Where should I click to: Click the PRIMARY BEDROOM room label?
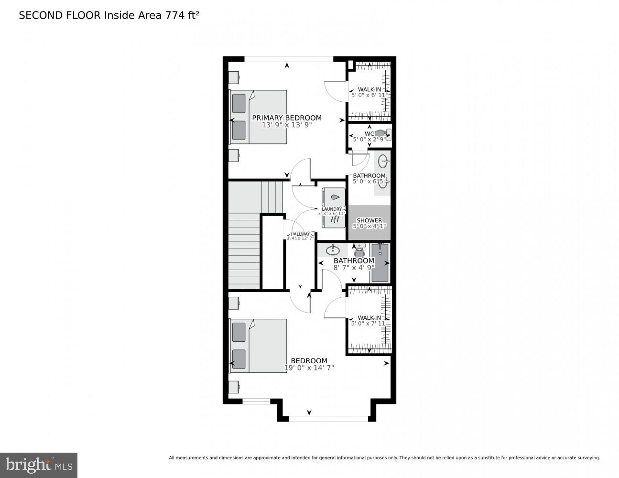click(287, 118)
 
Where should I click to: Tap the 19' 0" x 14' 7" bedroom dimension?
click(309, 368)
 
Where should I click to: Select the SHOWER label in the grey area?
click(369, 220)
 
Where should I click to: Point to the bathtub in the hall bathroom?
click(380, 262)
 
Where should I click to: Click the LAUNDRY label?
click(332, 209)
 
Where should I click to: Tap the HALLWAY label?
click(300, 234)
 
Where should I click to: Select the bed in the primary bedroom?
click(258, 117)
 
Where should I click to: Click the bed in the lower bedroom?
click(258, 346)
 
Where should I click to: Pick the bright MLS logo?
click(39, 465)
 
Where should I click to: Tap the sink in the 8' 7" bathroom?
click(333, 250)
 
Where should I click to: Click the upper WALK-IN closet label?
click(369, 89)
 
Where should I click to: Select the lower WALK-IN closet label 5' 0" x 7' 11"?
click(369, 321)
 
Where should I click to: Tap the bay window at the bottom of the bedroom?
click(328, 419)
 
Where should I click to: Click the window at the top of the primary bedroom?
click(289, 59)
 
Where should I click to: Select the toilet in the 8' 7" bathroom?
click(359, 250)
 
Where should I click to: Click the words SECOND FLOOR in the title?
click(60, 15)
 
